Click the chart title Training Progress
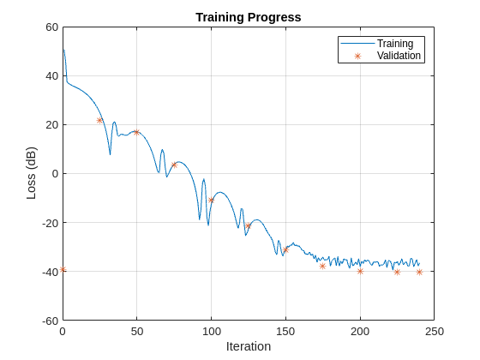point(249,17)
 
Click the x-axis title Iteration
point(249,346)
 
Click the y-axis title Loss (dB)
point(32,173)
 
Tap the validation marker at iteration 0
point(63,270)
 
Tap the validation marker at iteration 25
point(99,120)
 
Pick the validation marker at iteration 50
point(136,132)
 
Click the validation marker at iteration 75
point(174,165)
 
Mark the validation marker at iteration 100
point(211,201)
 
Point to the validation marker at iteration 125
point(249,226)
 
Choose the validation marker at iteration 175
point(322,266)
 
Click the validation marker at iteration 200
point(360,271)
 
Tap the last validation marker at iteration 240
point(419,272)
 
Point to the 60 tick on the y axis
point(51,27)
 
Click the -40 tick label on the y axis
point(49,272)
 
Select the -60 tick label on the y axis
point(49,321)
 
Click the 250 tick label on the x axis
point(435,331)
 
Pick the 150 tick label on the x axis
point(285,331)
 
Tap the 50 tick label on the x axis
point(136,331)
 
